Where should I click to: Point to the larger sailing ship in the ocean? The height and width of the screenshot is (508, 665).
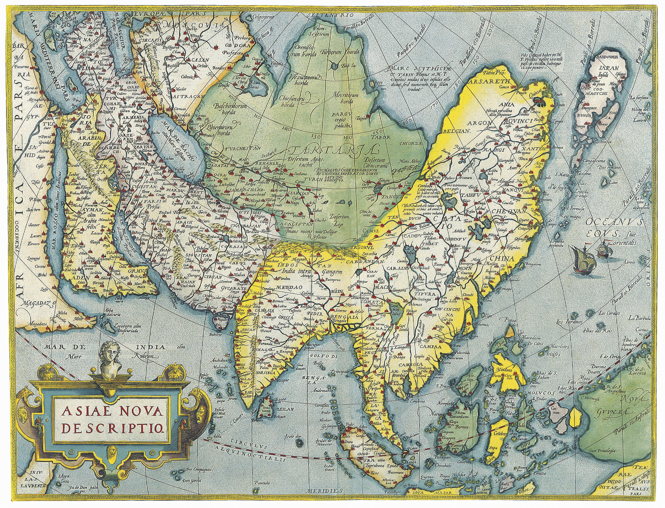583,259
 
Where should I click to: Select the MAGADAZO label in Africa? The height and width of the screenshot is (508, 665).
38,303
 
